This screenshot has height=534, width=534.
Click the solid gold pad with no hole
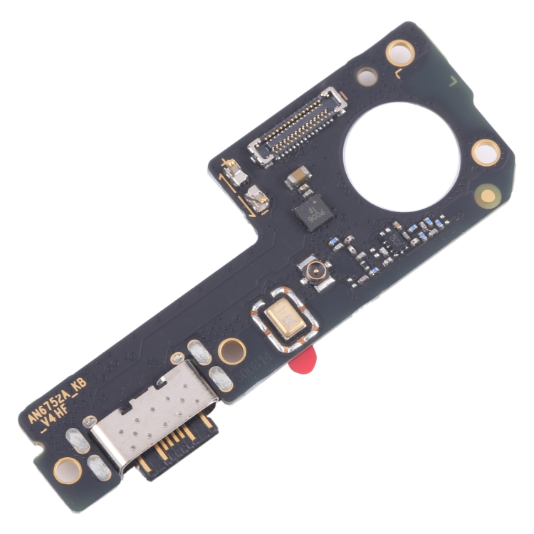(487, 194)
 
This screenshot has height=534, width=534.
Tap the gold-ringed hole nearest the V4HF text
(68, 468)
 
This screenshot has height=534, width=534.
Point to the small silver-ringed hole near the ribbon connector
(366, 75)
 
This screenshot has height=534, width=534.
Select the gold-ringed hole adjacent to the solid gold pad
(486, 151)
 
